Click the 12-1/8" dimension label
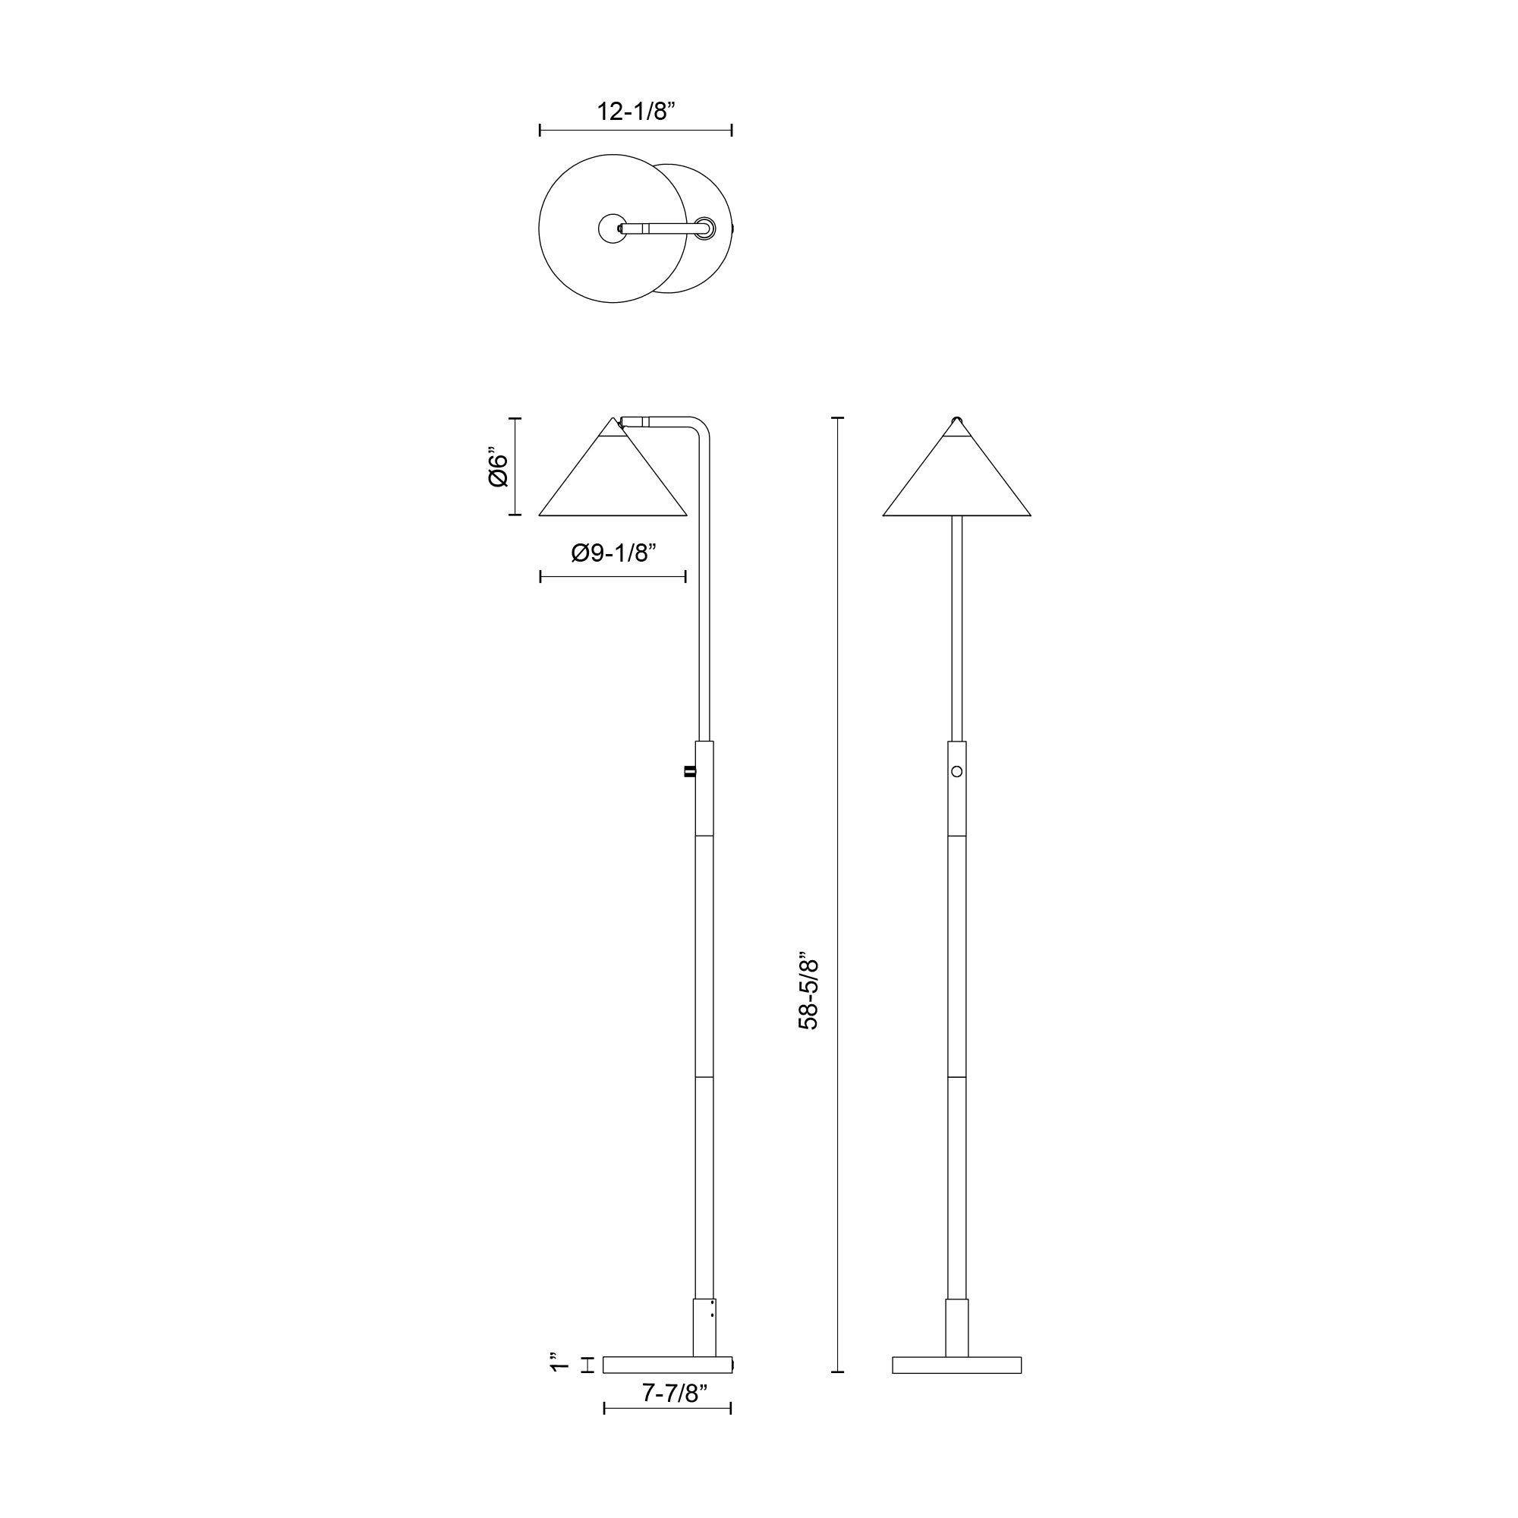point(635,112)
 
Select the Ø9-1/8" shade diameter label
point(613,553)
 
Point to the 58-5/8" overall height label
point(808,994)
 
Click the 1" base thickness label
point(559,1362)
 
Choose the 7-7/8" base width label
point(675,1393)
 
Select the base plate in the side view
point(667,1365)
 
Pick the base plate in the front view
point(956,1365)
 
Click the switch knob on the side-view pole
point(690,772)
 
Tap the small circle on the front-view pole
point(956,772)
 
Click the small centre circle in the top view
point(612,228)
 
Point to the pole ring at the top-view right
point(706,228)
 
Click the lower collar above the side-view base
point(704,1327)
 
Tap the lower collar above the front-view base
point(956,1327)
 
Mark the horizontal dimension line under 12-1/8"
point(635,131)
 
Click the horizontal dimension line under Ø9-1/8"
point(613,577)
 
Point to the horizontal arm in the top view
point(660,228)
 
